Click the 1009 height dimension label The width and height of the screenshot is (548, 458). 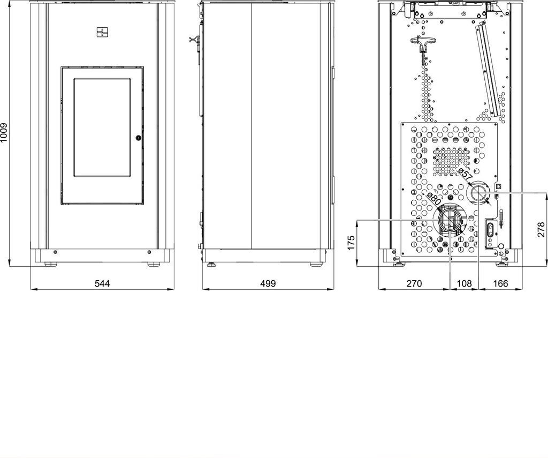point(4,133)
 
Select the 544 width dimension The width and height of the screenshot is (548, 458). point(102,283)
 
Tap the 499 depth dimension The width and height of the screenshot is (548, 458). point(268,283)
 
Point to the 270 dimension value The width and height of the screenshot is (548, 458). point(414,283)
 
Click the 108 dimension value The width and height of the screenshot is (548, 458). point(465,283)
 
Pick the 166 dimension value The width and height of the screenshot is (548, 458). point(500,283)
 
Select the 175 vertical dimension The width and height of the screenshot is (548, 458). point(351,243)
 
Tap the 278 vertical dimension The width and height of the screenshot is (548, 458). point(541,229)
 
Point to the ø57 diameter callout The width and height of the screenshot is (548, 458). point(465,173)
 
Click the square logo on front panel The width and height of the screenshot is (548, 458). point(102,32)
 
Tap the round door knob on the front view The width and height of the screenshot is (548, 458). point(139,138)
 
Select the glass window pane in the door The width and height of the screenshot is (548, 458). point(102,127)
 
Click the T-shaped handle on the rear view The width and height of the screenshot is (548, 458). point(422,46)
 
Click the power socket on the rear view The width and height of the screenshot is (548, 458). point(490,231)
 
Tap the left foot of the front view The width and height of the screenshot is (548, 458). point(51,264)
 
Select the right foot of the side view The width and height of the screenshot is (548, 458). point(317,265)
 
